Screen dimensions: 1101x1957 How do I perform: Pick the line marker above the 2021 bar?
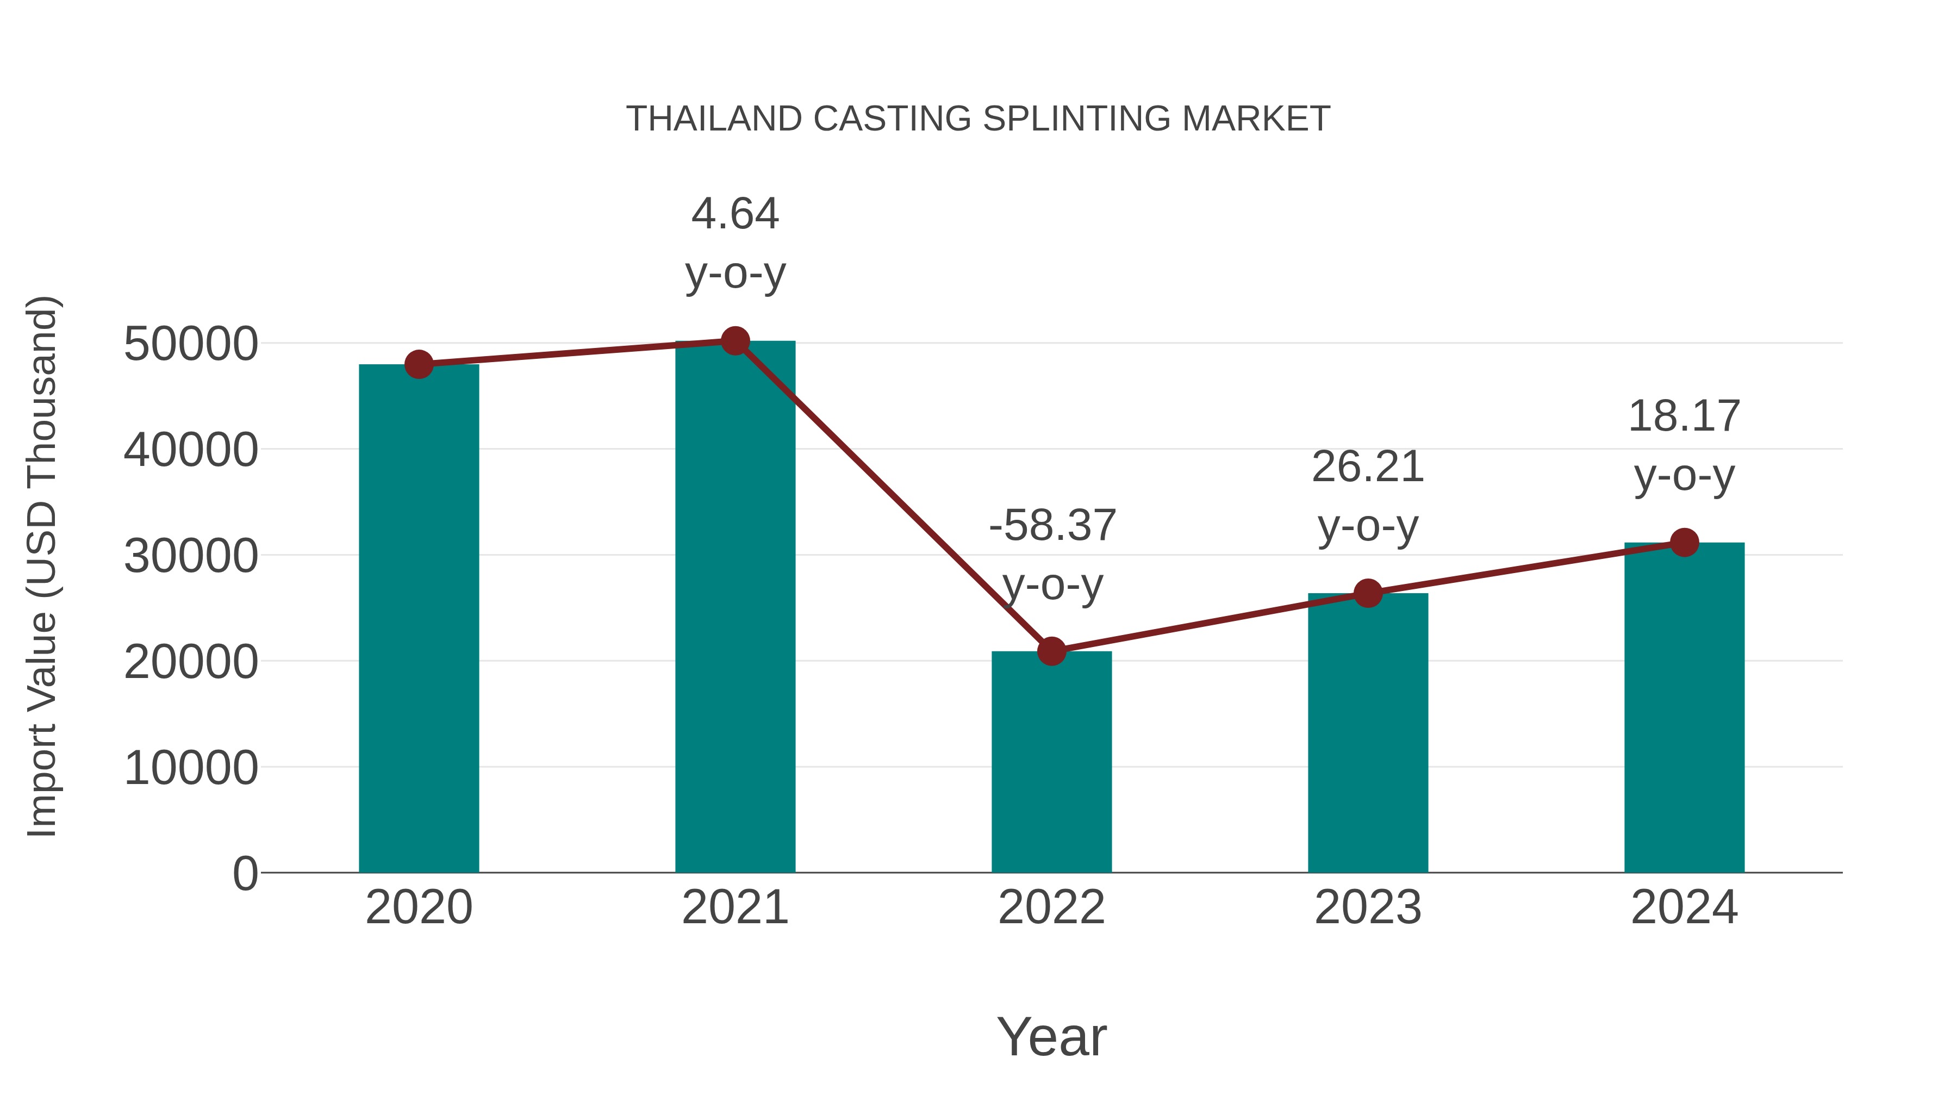click(x=734, y=341)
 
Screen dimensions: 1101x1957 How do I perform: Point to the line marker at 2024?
click(x=1684, y=543)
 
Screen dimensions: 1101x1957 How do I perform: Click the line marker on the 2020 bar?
click(x=419, y=365)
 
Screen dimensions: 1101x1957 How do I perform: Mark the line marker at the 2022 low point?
click(x=1051, y=651)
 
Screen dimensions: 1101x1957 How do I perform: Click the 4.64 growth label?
click(x=734, y=214)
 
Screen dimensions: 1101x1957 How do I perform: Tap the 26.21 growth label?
click(x=1368, y=467)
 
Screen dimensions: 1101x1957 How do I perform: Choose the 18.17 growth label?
click(x=1684, y=417)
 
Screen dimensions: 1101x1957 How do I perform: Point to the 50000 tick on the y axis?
click(x=191, y=344)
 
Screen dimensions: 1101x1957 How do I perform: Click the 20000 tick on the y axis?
click(x=191, y=662)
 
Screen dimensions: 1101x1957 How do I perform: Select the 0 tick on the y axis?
click(x=245, y=874)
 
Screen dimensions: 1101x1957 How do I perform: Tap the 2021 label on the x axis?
click(x=734, y=908)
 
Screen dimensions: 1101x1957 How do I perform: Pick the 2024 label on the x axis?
click(x=1684, y=908)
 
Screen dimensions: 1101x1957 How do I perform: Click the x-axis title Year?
click(x=1051, y=1037)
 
